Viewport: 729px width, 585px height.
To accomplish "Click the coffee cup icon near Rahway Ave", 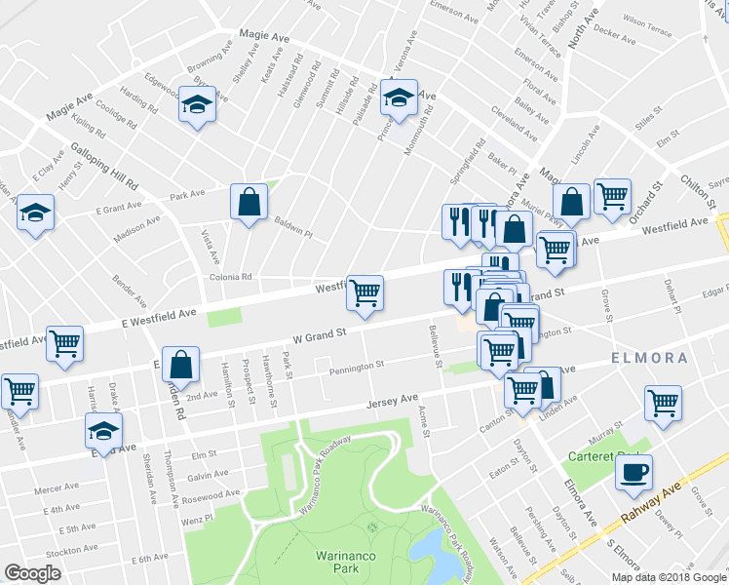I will tap(633, 472).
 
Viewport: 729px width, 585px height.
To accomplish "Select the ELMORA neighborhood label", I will tap(649, 358).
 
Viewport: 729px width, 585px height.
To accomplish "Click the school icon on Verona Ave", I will tap(398, 97).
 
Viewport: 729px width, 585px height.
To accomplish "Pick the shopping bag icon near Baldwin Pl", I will tap(249, 202).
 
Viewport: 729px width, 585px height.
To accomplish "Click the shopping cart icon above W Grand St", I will tap(364, 292).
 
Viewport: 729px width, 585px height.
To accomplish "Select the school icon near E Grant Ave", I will tap(36, 213).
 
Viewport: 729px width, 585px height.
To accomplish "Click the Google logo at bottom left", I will tap(32, 572).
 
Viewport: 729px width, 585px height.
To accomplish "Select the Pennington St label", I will tap(357, 367).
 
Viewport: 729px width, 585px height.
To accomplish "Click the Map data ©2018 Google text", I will tap(669, 577).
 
